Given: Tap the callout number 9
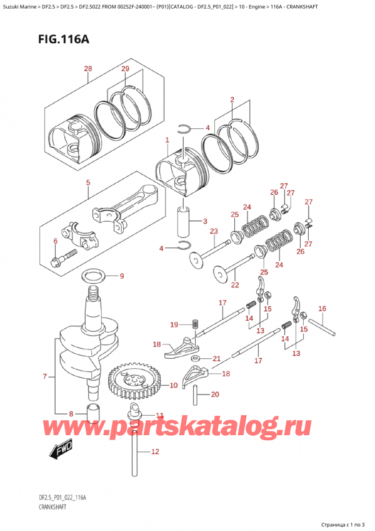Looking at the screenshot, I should click(x=122, y=276).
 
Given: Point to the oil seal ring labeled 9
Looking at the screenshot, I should click(x=94, y=274).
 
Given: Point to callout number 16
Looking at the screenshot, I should click(x=322, y=308).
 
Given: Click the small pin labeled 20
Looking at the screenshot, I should click(x=197, y=395).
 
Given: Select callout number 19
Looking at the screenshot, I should click(x=174, y=324).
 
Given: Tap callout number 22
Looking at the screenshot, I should click(x=234, y=286).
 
